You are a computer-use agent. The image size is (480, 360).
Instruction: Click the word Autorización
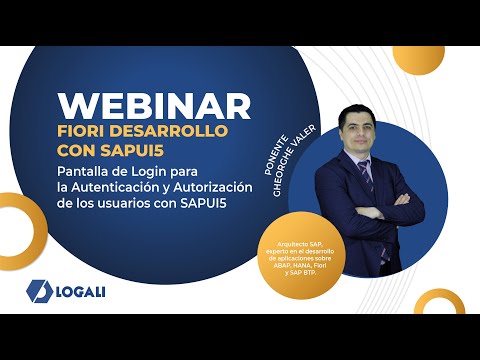[x=225, y=187]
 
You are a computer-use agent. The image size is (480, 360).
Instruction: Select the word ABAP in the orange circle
[x=283, y=264]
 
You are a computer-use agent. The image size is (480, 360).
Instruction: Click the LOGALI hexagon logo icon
[x=38, y=290]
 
